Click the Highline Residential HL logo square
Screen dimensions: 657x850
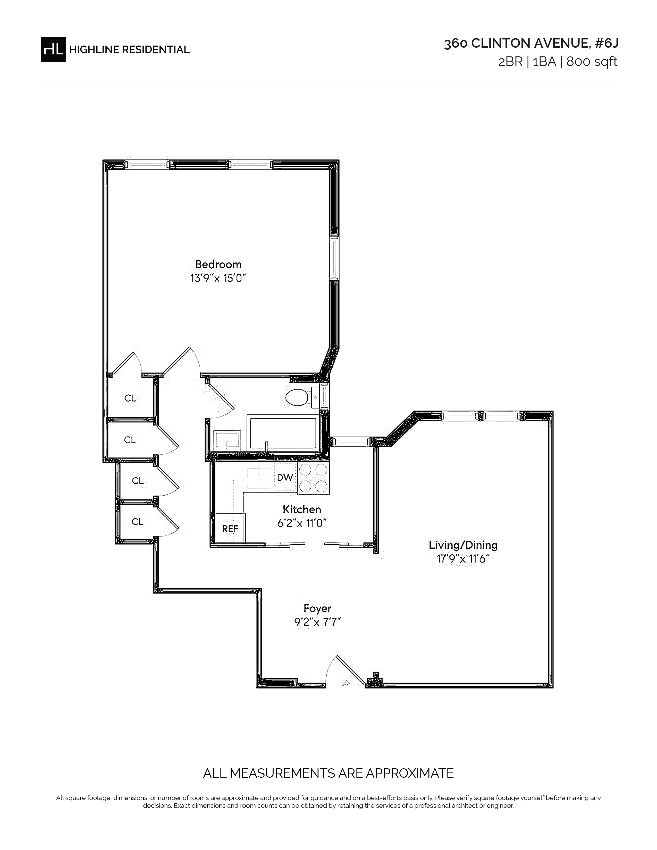click(53, 49)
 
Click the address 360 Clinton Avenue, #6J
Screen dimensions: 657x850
click(531, 44)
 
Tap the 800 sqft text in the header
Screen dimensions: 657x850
click(592, 62)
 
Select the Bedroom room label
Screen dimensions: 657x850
click(218, 264)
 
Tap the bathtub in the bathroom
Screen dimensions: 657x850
click(283, 433)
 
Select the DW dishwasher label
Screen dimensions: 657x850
click(285, 477)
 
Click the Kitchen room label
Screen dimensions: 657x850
click(302, 509)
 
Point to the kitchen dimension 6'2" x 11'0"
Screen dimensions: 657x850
click(302, 523)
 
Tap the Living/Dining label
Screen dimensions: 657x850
click(463, 545)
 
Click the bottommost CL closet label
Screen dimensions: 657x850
click(137, 522)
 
